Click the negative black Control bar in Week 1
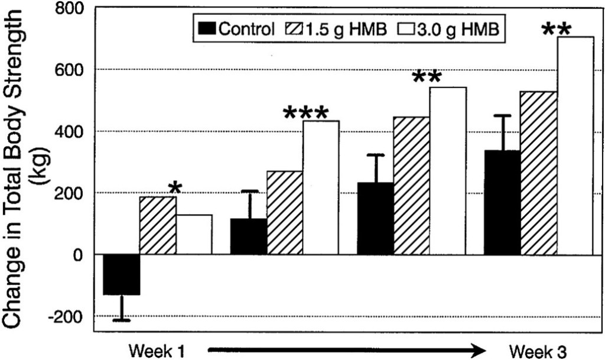coord(122,274)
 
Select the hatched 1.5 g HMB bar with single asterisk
coord(158,225)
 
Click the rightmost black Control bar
coord(502,203)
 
